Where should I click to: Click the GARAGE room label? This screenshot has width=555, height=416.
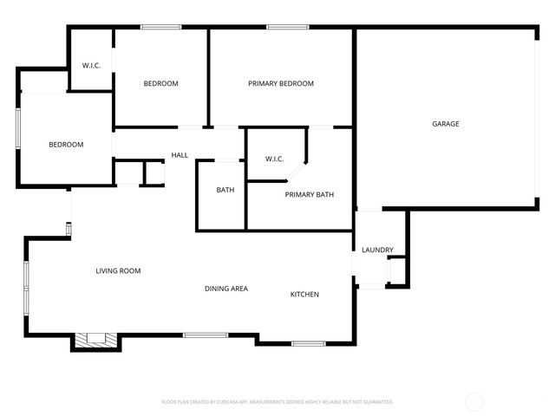pyautogui.click(x=446, y=124)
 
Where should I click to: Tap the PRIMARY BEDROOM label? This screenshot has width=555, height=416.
pyautogui.click(x=280, y=83)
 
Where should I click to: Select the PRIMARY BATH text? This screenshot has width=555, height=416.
pyautogui.click(x=310, y=195)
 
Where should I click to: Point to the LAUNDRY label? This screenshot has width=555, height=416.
pyautogui.click(x=377, y=250)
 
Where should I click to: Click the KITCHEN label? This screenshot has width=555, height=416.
pyautogui.click(x=304, y=295)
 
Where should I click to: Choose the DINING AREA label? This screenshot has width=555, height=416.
pyautogui.click(x=226, y=289)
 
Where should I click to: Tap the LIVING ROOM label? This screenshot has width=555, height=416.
pyautogui.click(x=118, y=271)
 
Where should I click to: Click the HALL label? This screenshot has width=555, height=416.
pyautogui.click(x=180, y=155)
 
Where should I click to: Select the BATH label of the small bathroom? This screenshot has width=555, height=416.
pyautogui.click(x=225, y=190)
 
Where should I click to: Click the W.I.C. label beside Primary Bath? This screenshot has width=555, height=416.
pyautogui.click(x=274, y=159)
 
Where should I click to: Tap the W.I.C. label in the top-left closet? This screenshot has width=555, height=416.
pyautogui.click(x=92, y=66)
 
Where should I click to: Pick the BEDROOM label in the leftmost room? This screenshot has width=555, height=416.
pyautogui.click(x=66, y=145)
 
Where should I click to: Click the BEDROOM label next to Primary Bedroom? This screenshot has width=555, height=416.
pyautogui.click(x=160, y=83)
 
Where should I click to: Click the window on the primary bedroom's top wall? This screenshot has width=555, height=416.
pyautogui.click(x=288, y=27)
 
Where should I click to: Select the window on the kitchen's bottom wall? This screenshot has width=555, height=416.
pyautogui.click(x=307, y=344)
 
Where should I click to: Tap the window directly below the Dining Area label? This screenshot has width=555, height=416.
pyautogui.click(x=206, y=335)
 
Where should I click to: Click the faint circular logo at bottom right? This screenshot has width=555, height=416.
pyautogui.click(x=474, y=401)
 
